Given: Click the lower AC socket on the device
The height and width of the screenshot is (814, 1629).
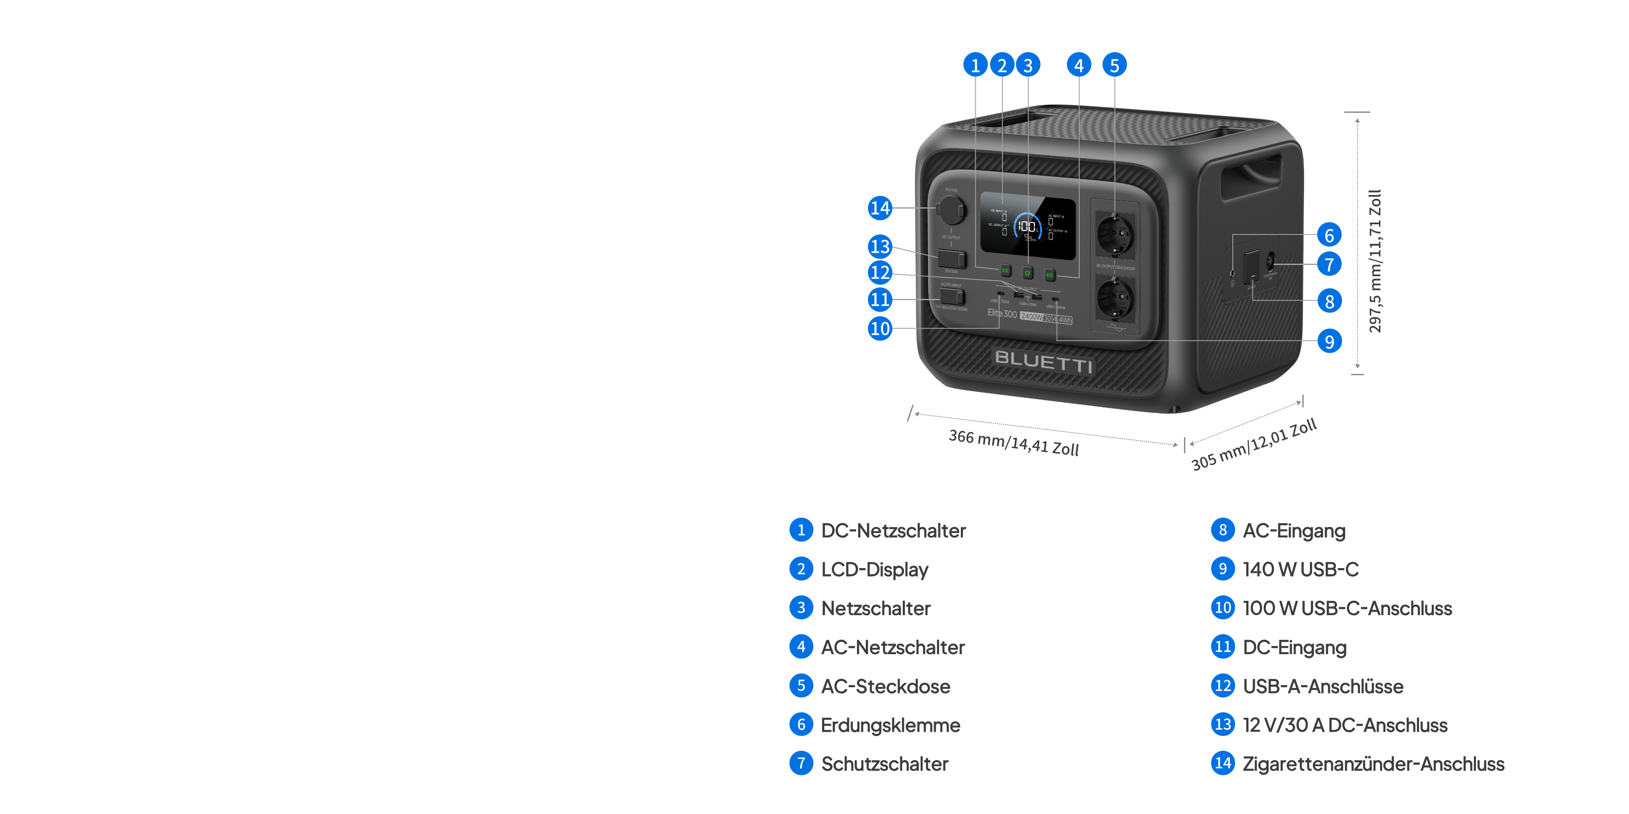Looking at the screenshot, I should coord(1115,300).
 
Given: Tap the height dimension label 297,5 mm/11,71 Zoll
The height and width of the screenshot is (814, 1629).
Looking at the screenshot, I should coord(1375,261).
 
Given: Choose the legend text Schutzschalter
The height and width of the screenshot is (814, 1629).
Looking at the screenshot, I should coord(884,764).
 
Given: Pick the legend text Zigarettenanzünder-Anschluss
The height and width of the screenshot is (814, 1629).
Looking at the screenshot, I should coord(1373,764).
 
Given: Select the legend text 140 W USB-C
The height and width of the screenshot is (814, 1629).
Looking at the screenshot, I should coord(1300,569).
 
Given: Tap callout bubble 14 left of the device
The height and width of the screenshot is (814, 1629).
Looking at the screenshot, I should coord(880,208).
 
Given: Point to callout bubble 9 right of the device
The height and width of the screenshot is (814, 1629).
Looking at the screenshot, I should coord(1329,341).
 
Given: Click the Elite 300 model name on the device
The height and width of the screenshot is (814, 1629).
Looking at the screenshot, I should coord(1002,313).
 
